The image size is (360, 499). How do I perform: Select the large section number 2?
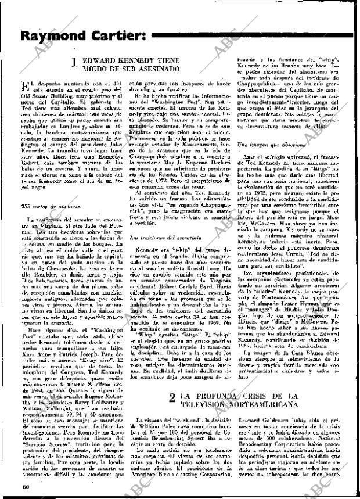click(172, 399)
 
